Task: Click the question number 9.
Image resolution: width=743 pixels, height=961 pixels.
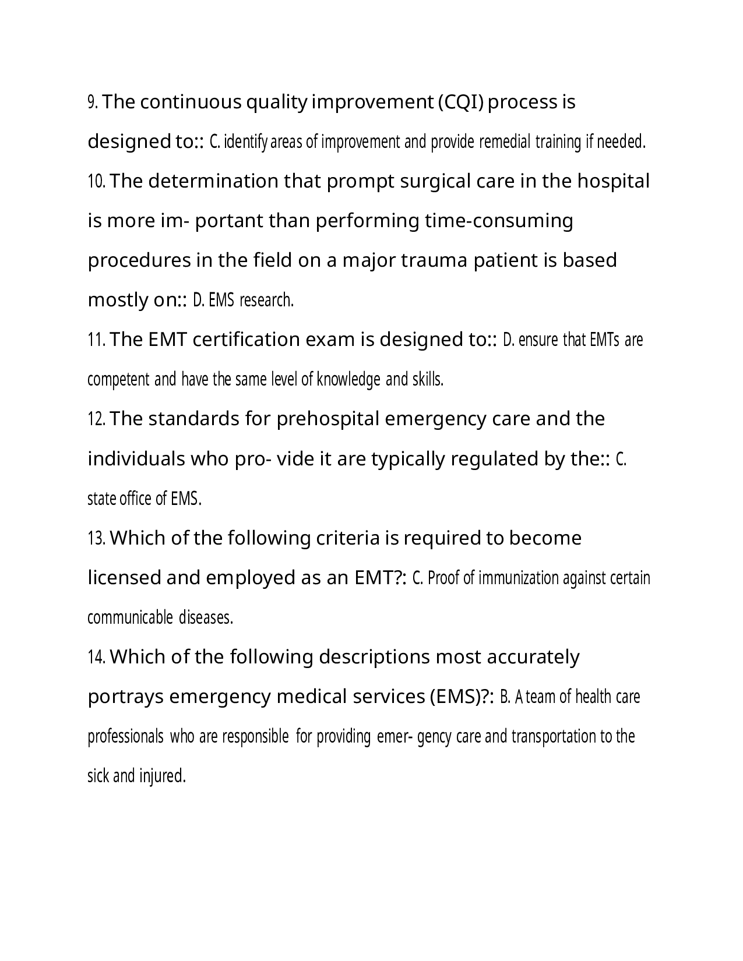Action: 93,103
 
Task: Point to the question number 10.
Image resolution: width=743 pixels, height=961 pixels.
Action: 96,182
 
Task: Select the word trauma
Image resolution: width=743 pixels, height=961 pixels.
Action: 435,260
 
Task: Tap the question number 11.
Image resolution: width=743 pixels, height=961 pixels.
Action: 96,340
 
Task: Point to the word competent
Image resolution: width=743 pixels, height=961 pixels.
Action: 118,380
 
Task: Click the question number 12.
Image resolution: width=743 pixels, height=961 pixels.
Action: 96,419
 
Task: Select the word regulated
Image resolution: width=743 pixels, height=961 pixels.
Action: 483,460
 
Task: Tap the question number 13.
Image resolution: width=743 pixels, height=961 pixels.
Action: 96,538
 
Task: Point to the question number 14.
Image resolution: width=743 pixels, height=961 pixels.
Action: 96,658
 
